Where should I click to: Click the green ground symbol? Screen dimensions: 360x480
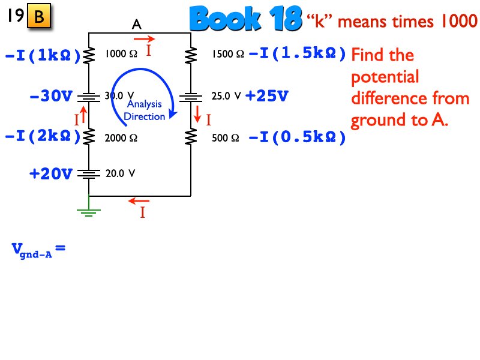[x=89, y=209]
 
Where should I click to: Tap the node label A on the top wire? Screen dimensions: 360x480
[x=137, y=25]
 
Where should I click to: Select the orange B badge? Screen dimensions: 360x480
[x=39, y=17]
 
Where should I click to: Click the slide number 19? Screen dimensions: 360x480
[x=14, y=17]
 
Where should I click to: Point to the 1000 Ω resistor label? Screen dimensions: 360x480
[x=121, y=54]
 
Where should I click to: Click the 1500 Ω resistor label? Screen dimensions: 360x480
[x=227, y=54]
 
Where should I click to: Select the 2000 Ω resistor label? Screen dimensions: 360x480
[x=121, y=137]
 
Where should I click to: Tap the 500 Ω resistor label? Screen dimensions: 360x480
[x=226, y=137]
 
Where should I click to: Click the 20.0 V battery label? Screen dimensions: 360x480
[x=120, y=173]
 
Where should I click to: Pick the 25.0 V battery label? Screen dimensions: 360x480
[x=226, y=95]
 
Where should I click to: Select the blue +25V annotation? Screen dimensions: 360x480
[x=267, y=95]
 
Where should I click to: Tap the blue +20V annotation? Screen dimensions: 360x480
[x=51, y=174]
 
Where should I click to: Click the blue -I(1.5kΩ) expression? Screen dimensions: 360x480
[x=298, y=54]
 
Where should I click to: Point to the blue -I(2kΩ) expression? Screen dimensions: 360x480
[x=43, y=137]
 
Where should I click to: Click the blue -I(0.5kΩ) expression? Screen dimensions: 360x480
[x=298, y=137]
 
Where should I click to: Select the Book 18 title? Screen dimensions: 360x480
[x=245, y=20]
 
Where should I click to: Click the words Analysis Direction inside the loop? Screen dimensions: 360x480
[x=144, y=110]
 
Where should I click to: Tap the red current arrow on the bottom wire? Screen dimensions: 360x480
[x=140, y=201]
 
